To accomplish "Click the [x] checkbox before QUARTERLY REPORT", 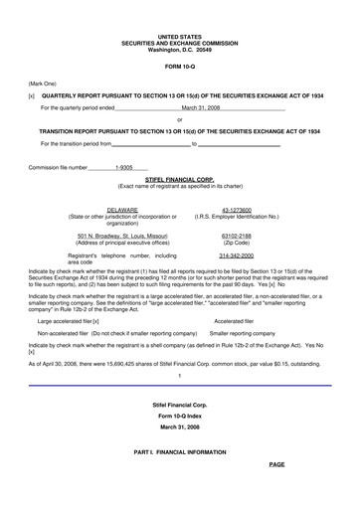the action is pyautogui.click(x=33, y=97).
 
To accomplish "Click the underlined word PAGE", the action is pyautogui.click(x=275, y=464).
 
